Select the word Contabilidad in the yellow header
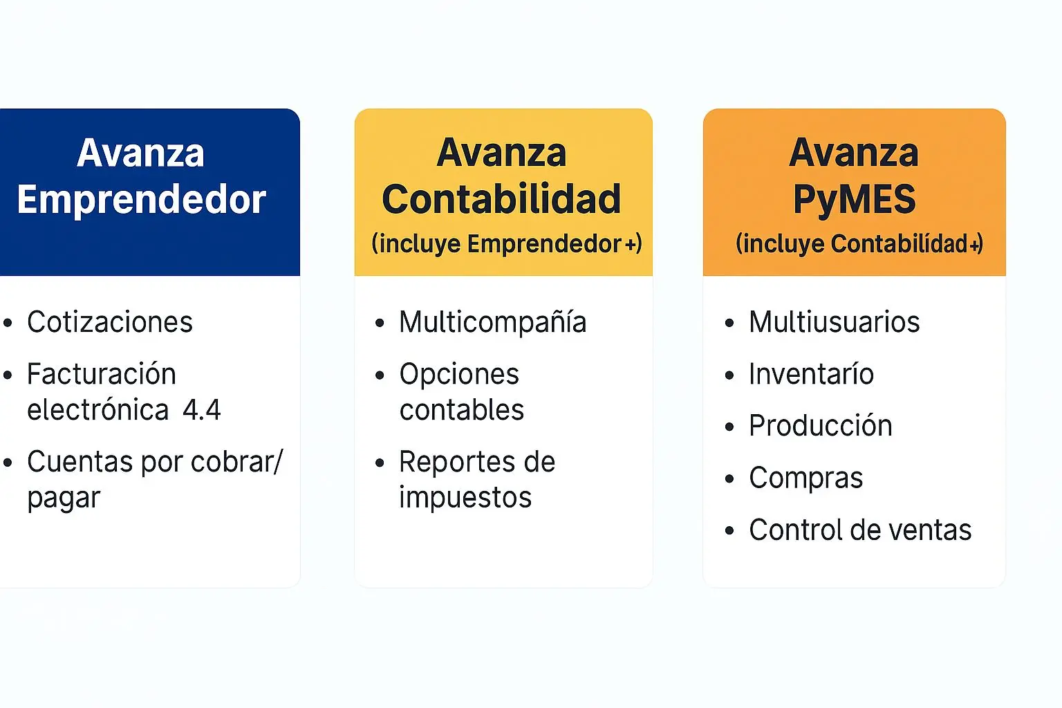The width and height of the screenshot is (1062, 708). [501, 198]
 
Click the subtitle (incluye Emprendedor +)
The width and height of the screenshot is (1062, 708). [506, 244]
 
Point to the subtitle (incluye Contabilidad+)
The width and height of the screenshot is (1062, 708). [859, 244]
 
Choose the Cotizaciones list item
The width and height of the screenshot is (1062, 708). [110, 322]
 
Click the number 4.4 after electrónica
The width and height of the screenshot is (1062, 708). [202, 410]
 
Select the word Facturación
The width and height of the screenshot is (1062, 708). [102, 374]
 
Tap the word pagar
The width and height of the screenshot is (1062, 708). [64, 499]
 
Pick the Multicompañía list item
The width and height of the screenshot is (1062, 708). [493, 322]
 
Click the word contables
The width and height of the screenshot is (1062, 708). [462, 410]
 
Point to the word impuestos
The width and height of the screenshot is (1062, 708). [465, 498]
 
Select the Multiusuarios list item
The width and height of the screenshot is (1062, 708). [835, 322]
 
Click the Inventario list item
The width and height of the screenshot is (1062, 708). [812, 374]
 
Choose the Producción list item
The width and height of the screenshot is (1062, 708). [821, 425]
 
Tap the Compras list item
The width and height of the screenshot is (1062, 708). [806, 478]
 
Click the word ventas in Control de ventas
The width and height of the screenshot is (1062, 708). [930, 530]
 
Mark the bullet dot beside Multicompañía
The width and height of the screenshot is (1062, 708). [380, 324]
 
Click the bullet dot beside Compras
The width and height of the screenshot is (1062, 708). [729, 479]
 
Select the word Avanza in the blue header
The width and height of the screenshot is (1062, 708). [141, 153]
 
